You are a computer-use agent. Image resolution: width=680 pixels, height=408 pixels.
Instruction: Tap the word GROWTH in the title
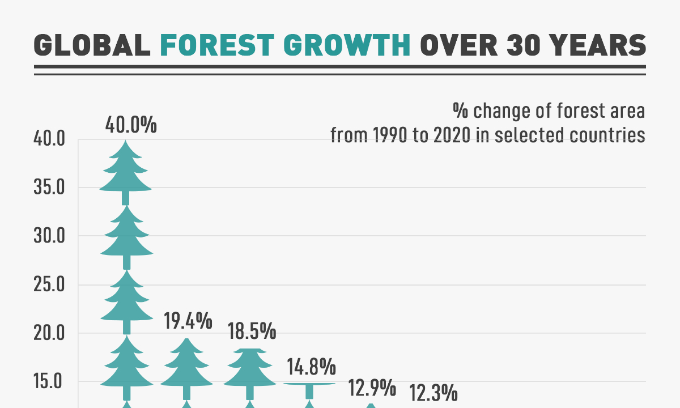click(347, 45)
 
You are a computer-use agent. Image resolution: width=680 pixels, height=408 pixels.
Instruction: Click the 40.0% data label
click(131, 125)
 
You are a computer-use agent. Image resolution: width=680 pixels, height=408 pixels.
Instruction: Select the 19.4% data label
click(188, 322)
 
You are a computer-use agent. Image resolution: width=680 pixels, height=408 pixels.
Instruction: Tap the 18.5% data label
click(252, 330)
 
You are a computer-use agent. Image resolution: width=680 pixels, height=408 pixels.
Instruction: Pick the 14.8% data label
click(311, 368)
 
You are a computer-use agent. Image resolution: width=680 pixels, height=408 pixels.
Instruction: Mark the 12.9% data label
click(371, 389)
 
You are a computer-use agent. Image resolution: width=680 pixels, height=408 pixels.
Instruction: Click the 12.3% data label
click(433, 393)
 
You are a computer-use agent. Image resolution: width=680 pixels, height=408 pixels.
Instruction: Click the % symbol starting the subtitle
click(459, 110)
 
